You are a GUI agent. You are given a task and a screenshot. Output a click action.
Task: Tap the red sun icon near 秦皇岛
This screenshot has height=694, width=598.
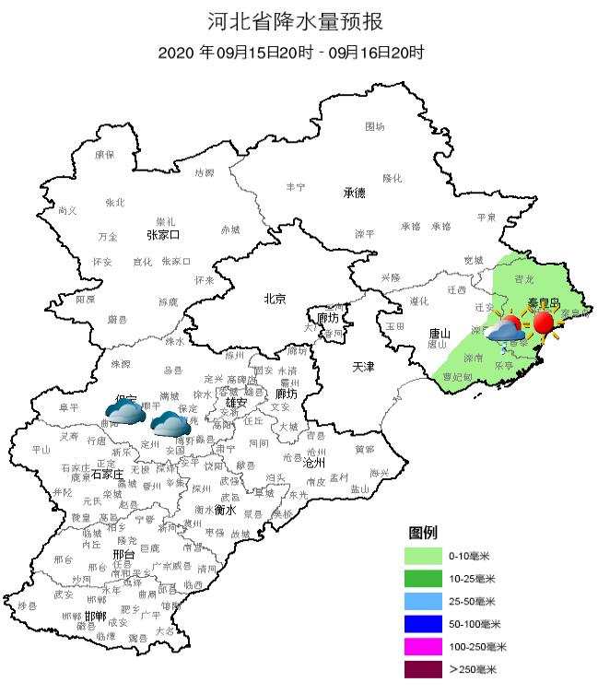(x=544, y=323)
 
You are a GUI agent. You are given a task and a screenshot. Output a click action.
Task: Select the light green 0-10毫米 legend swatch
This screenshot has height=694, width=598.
(x=424, y=556)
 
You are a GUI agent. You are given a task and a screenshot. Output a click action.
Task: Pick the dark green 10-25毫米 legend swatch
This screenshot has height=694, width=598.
(x=424, y=579)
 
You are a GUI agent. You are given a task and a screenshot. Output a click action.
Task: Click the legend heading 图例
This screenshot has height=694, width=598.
(x=423, y=533)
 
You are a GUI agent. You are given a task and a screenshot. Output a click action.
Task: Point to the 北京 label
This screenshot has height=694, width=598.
(x=275, y=299)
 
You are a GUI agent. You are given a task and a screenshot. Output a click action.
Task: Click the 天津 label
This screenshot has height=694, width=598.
(x=364, y=367)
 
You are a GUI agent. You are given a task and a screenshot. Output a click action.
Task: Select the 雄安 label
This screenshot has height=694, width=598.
(x=237, y=403)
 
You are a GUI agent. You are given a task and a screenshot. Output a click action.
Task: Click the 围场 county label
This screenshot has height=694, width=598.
(x=374, y=126)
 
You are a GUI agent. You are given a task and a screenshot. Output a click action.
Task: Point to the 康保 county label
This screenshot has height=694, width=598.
(x=104, y=155)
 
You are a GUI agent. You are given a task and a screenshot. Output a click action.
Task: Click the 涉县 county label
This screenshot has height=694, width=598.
(x=28, y=605)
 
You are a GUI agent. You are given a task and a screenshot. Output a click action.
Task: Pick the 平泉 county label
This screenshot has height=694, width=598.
(x=487, y=218)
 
